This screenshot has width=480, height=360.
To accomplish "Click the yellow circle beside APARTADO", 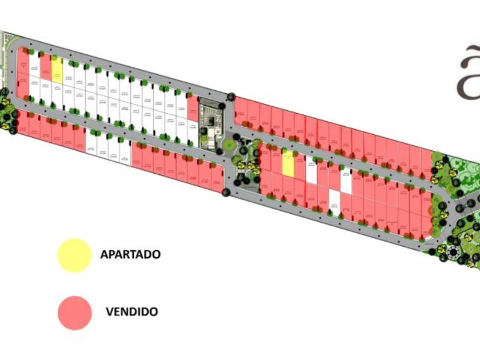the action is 74,255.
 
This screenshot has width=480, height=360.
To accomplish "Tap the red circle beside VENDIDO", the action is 74,312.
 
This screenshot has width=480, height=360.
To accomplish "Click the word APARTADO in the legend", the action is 130,254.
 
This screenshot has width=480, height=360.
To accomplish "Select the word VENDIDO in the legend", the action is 131,312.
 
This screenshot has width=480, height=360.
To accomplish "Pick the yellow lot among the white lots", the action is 57,69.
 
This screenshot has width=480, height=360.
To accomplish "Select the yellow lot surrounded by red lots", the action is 289,164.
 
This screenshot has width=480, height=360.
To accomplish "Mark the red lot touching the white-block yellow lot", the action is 46,66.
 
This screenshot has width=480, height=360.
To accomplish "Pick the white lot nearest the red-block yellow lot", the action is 311,170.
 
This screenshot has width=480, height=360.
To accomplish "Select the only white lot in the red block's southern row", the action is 334,198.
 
